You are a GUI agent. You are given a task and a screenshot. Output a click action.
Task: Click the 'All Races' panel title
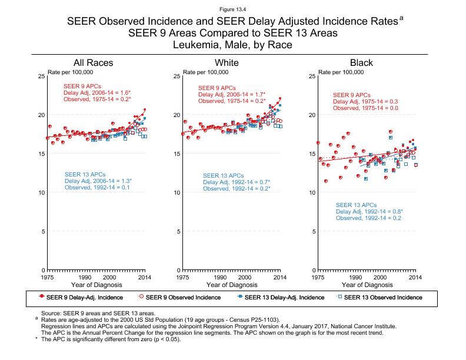93,63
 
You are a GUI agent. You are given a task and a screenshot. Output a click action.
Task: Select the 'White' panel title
227,63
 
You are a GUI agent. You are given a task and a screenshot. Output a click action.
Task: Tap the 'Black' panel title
361,63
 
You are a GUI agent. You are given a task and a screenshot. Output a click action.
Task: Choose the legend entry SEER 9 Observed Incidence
179,297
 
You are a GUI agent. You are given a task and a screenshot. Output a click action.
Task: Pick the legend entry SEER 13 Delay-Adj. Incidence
284,297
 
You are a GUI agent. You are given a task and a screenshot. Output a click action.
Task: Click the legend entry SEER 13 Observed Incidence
382,297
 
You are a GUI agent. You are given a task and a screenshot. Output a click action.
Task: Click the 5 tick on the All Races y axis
42,231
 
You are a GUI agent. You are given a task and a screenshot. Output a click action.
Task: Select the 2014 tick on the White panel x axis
280,277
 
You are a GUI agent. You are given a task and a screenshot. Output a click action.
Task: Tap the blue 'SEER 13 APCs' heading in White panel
224,175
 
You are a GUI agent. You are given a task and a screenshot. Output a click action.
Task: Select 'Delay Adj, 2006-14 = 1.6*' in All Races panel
97,93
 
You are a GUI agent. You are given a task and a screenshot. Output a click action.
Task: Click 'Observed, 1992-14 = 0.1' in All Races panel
97,188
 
